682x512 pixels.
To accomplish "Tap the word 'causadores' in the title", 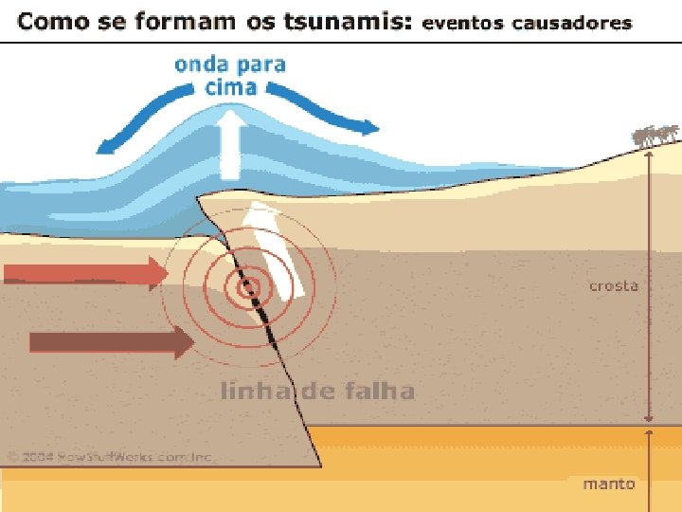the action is pos(573,23).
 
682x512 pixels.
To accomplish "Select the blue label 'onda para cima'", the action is pos(229,76).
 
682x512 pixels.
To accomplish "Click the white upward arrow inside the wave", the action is pos(230,143).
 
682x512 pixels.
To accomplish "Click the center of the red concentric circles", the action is pos(248,286).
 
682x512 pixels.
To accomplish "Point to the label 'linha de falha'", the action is pos(317,391).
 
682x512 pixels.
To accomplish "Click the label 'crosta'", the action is pos(614,285).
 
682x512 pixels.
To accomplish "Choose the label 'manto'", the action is pos(608,484).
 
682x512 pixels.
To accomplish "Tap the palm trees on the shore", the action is pos(656,137).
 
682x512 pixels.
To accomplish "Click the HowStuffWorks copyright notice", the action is pos(111,456).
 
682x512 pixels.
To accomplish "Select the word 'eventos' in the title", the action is pos(463,23).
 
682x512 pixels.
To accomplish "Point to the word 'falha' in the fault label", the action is pos(383,391).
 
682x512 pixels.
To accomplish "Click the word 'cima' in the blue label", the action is pos(230,87).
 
